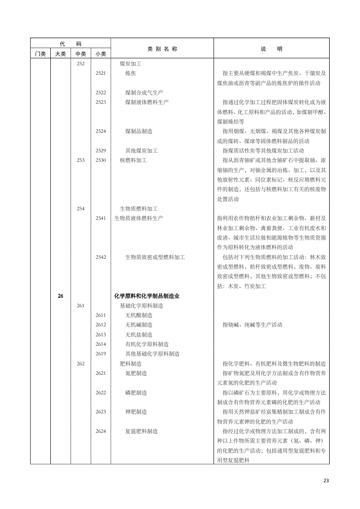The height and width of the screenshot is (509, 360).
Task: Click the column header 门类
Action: tap(40, 54)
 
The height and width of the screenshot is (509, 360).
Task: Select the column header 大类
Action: tap(60, 54)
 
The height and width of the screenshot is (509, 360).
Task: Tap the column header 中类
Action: tap(81, 54)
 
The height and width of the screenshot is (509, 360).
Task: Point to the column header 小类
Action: tap(101, 54)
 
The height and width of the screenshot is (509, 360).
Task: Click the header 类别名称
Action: tap(162, 49)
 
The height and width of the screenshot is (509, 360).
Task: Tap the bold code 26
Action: tap(61, 296)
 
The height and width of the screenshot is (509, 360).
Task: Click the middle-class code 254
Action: tap(81, 208)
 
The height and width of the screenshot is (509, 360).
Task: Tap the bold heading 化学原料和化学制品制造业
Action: tap(147, 296)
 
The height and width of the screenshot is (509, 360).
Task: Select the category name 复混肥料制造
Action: tap(141, 431)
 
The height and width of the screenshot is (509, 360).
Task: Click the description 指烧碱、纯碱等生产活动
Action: tap(252, 325)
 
